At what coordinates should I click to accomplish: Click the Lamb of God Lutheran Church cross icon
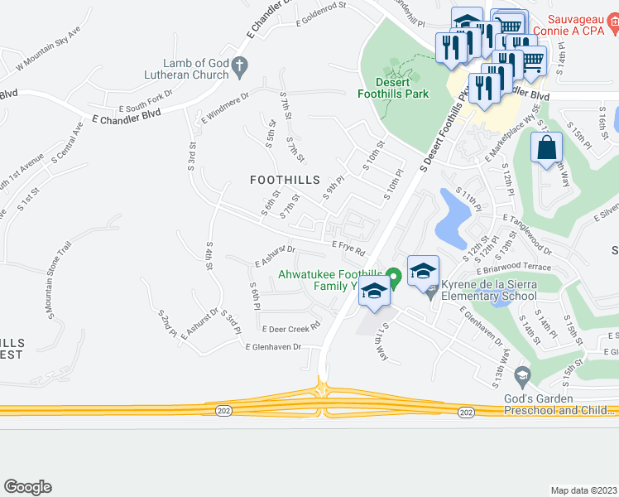click(x=239, y=64)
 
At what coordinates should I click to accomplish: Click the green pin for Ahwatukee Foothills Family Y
click(x=395, y=277)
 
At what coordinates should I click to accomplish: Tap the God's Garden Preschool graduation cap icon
click(x=521, y=378)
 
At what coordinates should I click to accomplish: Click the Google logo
click(x=27, y=487)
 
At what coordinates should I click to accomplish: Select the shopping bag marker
click(x=546, y=149)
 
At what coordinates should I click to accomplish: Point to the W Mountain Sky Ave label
click(x=49, y=47)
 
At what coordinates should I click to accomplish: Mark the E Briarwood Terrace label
click(x=512, y=268)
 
